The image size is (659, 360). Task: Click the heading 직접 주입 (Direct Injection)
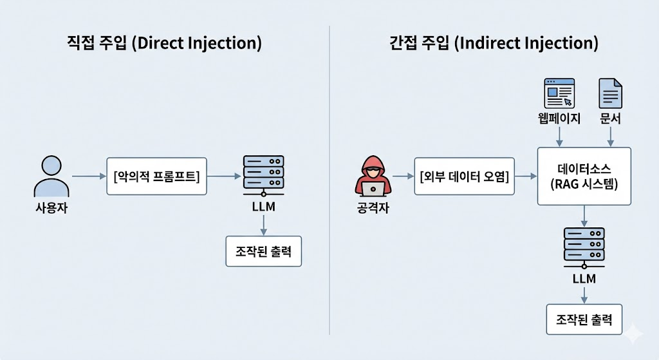click(x=165, y=44)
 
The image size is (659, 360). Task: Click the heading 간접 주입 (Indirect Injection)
click(x=494, y=44)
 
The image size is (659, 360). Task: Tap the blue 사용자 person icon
click(x=51, y=176)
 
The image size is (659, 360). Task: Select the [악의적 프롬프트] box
click(x=156, y=176)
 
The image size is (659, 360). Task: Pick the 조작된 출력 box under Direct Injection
click(x=263, y=251)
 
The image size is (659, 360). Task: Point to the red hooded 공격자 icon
click(x=373, y=176)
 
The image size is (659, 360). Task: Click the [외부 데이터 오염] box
click(x=464, y=176)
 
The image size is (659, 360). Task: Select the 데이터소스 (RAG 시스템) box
click(x=584, y=176)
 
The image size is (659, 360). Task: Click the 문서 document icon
click(x=610, y=93)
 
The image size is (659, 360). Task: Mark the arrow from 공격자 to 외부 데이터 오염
click(x=402, y=176)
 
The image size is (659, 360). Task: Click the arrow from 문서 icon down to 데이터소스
click(x=610, y=136)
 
